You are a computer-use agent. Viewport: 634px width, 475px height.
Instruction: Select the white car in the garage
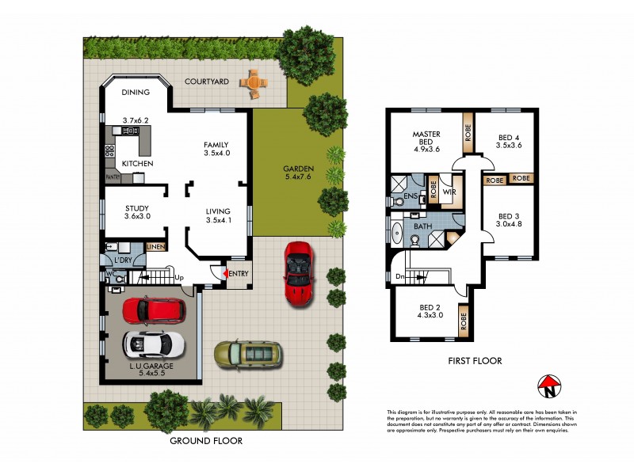(154, 344)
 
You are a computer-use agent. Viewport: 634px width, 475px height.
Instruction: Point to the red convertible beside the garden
(299, 272)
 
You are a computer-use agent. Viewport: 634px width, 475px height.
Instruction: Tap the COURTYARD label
(207, 82)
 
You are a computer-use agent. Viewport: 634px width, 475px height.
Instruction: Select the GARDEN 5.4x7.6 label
(300, 173)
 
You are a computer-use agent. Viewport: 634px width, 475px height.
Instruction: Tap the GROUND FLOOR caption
(206, 441)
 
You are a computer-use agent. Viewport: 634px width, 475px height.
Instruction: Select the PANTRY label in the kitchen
(111, 177)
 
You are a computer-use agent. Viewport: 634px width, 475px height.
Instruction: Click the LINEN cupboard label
(155, 247)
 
